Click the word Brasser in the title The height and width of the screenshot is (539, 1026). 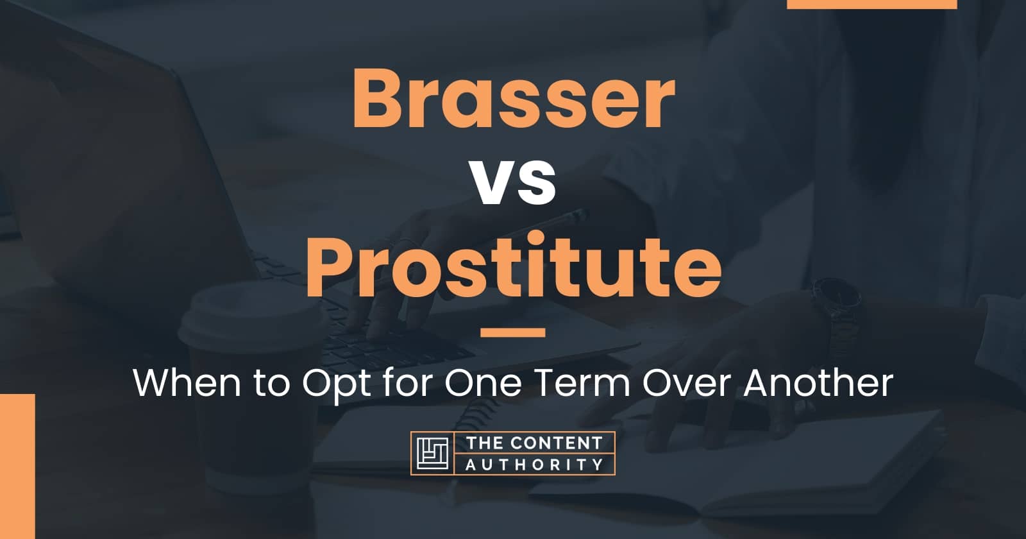point(513,98)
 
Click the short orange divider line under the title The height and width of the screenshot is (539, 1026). point(513,332)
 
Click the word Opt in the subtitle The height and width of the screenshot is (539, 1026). point(336,386)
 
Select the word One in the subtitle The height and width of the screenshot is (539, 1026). point(483,383)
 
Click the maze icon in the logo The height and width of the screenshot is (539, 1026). point(432,453)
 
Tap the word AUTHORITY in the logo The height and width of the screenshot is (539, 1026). point(534,465)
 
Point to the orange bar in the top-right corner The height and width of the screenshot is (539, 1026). point(871,4)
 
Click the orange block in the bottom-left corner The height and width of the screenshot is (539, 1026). point(17,466)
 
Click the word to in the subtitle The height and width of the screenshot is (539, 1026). point(272,384)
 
